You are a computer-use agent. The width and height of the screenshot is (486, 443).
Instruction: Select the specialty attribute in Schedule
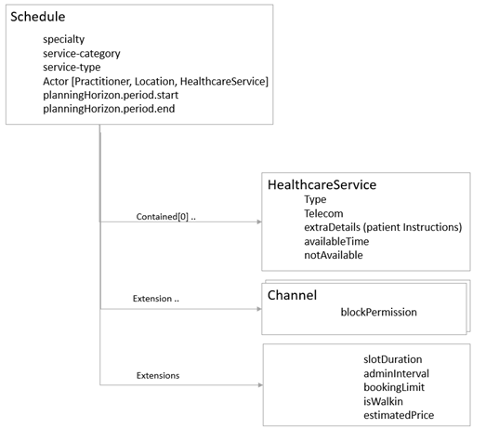(64, 40)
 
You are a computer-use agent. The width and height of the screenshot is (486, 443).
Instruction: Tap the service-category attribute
(81, 54)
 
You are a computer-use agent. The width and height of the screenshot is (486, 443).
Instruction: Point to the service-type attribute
(72, 68)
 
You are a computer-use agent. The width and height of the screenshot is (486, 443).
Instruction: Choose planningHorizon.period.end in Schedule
(109, 110)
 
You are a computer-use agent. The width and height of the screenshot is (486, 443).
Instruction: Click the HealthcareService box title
(322, 184)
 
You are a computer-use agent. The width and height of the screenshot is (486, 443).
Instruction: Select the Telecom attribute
(324, 213)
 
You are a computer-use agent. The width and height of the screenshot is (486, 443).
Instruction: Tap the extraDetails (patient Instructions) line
(382, 227)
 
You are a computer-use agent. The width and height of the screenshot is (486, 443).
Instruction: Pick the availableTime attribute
(336, 241)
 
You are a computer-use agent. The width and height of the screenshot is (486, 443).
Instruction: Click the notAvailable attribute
(334, 255)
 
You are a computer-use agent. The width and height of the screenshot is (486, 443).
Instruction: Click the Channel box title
(292, 295)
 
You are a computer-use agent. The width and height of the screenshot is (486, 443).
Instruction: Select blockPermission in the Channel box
(378, 313)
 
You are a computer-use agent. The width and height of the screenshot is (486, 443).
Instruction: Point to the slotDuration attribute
(393, 359)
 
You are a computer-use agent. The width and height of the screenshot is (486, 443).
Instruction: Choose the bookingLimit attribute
(395, 387)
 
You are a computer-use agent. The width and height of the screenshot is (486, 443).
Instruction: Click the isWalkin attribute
(385, 401)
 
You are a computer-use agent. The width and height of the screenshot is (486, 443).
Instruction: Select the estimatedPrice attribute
(399, 415)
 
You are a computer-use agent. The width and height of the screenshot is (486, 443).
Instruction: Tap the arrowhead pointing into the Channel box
(257, 305)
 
